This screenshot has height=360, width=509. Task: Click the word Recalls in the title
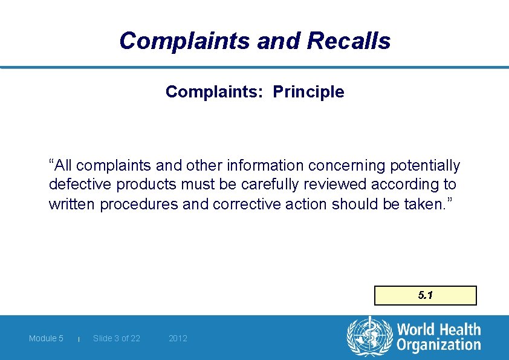[x=349, y=41]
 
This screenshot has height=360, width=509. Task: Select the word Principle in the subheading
[x=308, y=92]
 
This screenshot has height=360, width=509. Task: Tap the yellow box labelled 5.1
[x=426, y=295]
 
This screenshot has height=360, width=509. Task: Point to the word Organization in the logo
[x=438, y=345]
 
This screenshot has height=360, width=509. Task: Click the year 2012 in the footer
[x=178, y=338]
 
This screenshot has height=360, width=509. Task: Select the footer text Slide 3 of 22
[x=117, y=338]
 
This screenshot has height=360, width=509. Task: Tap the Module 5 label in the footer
[x=46, y=338]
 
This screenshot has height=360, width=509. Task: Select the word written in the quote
[x=73, y=205]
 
